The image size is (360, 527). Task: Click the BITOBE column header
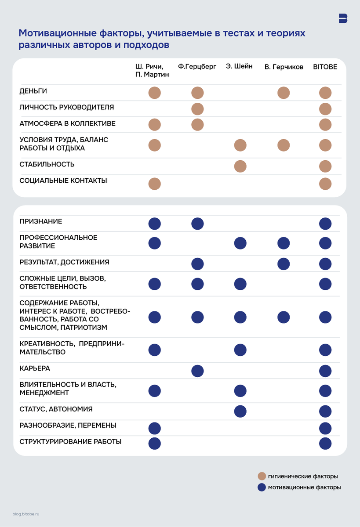click(x=325, y=67)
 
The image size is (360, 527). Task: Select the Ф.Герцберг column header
click(x=197, y=67)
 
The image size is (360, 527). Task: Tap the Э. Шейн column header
click(x=239, y=67)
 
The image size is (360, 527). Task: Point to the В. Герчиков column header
click(x=284, y=67)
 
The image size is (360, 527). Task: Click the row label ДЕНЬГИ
click(x=33, y=91)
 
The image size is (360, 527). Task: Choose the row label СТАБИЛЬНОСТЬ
click(x=47, y=164)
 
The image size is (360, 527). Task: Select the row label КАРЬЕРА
click(x=35, y=368)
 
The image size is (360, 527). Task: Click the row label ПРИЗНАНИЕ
click(x=41, y=221)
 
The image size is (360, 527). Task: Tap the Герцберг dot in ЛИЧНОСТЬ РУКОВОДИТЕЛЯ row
click(x=197, y=109)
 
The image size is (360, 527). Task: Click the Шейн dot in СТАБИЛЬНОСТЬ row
click(x=240, y=166)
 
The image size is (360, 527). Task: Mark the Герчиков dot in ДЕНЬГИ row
click(x=284, y=93)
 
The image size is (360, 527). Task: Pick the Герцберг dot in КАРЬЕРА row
click(x=197, y=371)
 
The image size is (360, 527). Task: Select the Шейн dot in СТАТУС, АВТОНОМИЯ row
click(x=240, y=411)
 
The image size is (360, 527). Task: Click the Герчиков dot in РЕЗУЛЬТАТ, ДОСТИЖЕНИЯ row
click(x=284, y=264)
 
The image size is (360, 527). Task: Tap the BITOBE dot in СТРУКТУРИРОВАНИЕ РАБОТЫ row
click(x=325, y=444)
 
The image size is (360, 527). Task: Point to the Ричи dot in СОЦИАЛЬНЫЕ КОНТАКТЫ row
click(x=155, y=184)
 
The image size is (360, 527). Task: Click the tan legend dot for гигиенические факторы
click(x=262, y=476)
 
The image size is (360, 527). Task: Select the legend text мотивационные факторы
click(x=304, y=487)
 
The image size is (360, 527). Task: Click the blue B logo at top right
click(x=343, y=18)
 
